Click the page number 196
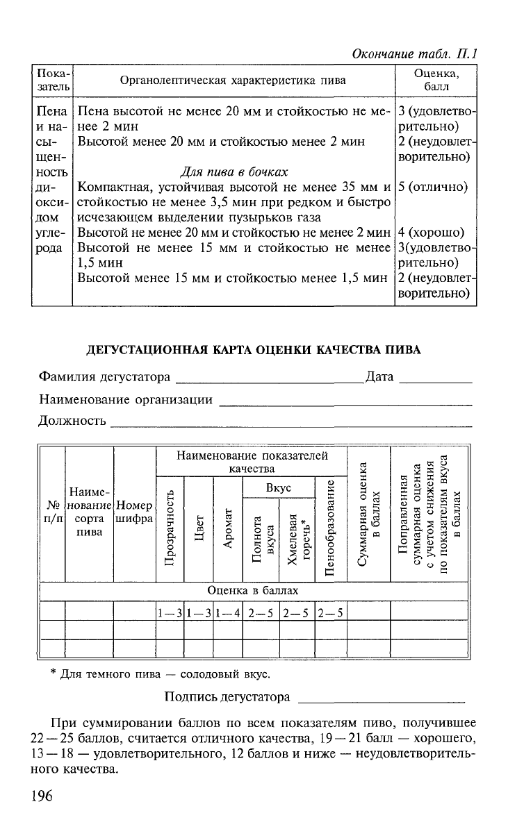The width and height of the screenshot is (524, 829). (41, 796)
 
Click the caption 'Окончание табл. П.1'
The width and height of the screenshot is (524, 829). (417, 53)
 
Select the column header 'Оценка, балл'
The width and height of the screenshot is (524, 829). (436, 80)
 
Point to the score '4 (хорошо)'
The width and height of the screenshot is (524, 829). (431, 233)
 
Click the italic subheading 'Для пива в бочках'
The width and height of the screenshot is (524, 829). (234, 171)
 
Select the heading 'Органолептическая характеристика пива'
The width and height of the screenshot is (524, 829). (233, 81)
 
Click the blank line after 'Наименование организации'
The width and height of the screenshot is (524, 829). (345, 403)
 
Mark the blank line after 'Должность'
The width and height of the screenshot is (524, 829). (291, 424)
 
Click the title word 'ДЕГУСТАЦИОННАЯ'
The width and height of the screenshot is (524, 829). (147, 350)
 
